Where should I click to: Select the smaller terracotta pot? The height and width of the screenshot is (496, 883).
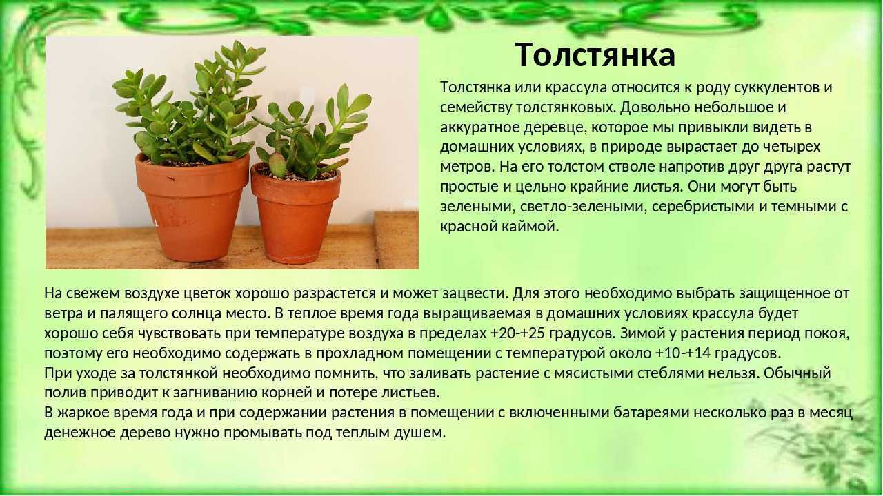(295, 214)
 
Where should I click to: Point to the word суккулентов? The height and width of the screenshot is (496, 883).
(773, 87)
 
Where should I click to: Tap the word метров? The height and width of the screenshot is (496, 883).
(466, 167)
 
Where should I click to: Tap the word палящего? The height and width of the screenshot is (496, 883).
(133, 313)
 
